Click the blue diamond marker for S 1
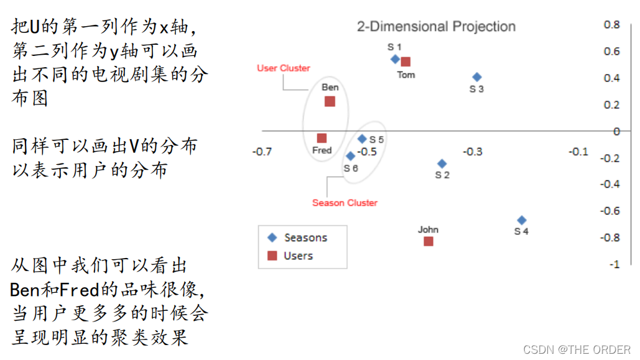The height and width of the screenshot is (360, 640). [x=395, y=59]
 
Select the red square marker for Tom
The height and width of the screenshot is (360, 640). [x=406, y=62]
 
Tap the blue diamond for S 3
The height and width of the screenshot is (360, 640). [x=477, y=77]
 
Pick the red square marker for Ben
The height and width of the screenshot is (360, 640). [x=330, y=101]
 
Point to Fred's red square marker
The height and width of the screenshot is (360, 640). [x=322, y=138]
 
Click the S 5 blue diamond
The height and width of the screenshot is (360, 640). [x=362, y=139]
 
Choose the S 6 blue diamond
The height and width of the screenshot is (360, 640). [x=350, y=156]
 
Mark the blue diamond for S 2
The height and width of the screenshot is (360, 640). [x=442, y=164]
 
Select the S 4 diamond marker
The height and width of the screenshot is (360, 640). [x=522, y=220]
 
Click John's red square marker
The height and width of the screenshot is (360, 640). [x=428, y=241]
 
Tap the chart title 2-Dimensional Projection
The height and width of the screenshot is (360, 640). [x=436, y=27]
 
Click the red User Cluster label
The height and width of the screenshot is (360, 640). [x=284, y=68]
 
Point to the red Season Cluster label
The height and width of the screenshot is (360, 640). [x=345, y=203]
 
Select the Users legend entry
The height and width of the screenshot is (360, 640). [x=290, y=256]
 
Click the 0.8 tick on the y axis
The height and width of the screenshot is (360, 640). [x=612, y=25]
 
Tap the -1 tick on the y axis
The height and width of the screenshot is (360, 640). [x=614, y=264]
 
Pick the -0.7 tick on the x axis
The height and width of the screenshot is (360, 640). [x=262, y=152]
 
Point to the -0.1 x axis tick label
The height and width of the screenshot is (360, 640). [x=578, y=152]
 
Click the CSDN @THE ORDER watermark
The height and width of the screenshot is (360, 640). [x=577, y=350]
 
